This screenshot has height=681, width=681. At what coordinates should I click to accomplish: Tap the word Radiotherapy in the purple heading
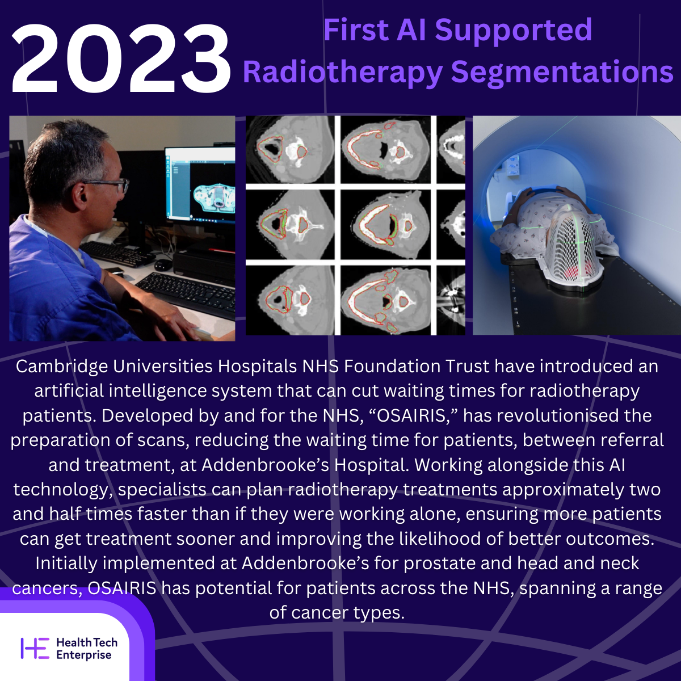pyautogui.click(x=342, y=72)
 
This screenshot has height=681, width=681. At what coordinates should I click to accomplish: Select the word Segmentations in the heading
pyautogui.click(x=562, y=72)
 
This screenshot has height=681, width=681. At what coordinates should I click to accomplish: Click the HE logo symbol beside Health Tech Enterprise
pyautogui.click(x=35, y=649)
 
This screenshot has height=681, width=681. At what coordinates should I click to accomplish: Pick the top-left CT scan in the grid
pyautogui.click(x=290, y=150)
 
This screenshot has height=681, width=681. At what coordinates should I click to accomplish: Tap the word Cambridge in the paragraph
pyautogui.click(x=62, y=367)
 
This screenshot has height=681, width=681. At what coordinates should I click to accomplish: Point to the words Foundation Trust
pyautogui.click(x=417, y=366)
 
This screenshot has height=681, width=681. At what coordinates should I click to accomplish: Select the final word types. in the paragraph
pyautogui.click(x=379, y=613)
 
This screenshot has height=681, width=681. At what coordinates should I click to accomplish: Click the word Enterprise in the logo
pyautogui.click(x=84, y=655)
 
